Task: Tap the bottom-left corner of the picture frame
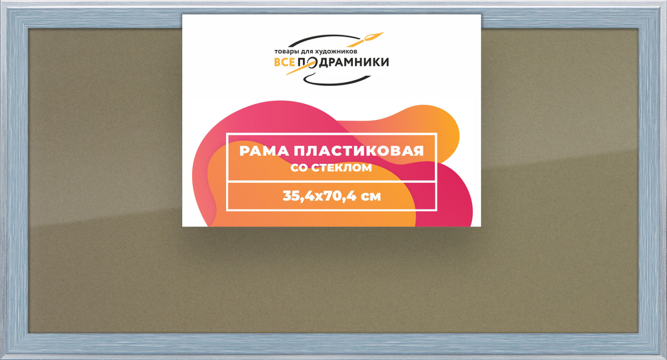2,358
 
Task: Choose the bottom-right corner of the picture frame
664,358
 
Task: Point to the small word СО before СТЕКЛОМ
299,168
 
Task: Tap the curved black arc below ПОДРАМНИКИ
346,77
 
